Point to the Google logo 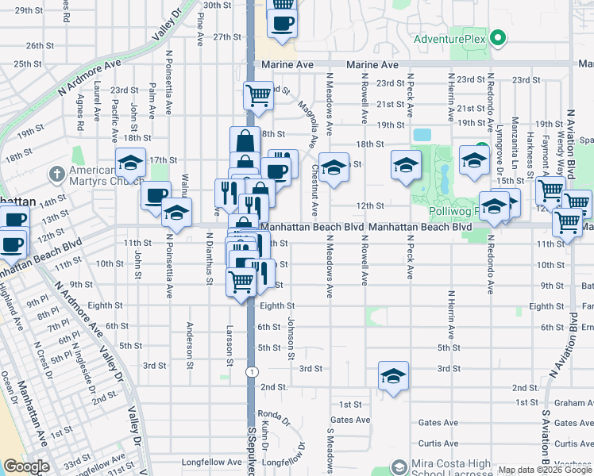25,466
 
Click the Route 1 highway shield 252,371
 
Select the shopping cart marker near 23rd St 258,95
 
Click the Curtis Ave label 438,443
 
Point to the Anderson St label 190,340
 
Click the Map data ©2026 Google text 556,470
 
